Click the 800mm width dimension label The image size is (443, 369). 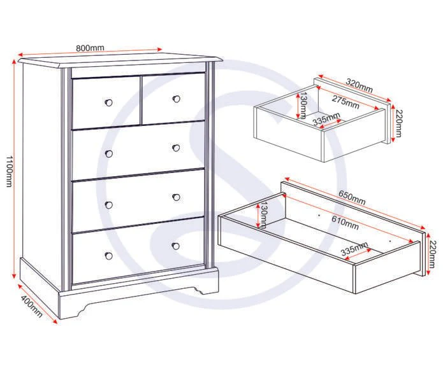90,48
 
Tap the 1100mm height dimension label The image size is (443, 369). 9,171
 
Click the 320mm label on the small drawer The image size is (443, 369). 359,86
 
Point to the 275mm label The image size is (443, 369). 345,102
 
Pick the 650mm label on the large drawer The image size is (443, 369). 352,198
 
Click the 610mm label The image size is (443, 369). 345,223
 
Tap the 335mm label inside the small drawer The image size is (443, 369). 326,119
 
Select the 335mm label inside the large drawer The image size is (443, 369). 354,248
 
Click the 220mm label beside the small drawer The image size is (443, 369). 398,123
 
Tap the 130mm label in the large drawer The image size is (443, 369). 264,214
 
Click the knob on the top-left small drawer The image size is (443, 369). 108,102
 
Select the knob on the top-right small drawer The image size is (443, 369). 177,99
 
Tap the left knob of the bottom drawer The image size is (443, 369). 108,256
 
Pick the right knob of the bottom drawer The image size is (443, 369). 176,246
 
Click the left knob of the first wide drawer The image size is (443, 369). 109,154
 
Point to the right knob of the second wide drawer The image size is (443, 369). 177,197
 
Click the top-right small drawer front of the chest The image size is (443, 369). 173,99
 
